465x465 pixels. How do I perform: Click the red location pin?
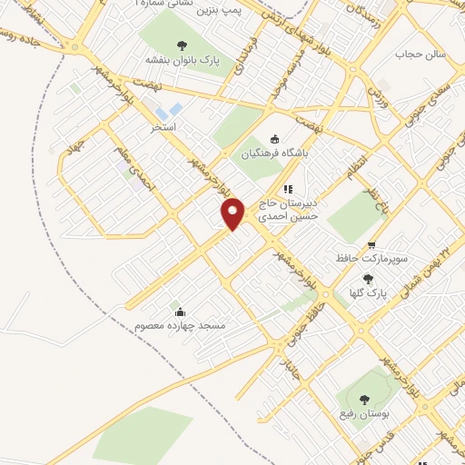(x=233, y=213)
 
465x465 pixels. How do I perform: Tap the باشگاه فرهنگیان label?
(x=275, y=155)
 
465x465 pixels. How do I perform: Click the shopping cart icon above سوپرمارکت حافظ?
(x=372, y=244)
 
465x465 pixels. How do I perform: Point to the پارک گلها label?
(x=367, y=294)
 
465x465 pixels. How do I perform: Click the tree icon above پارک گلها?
(x=367, y=279)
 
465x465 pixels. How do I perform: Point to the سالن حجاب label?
(x=421, y=54)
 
